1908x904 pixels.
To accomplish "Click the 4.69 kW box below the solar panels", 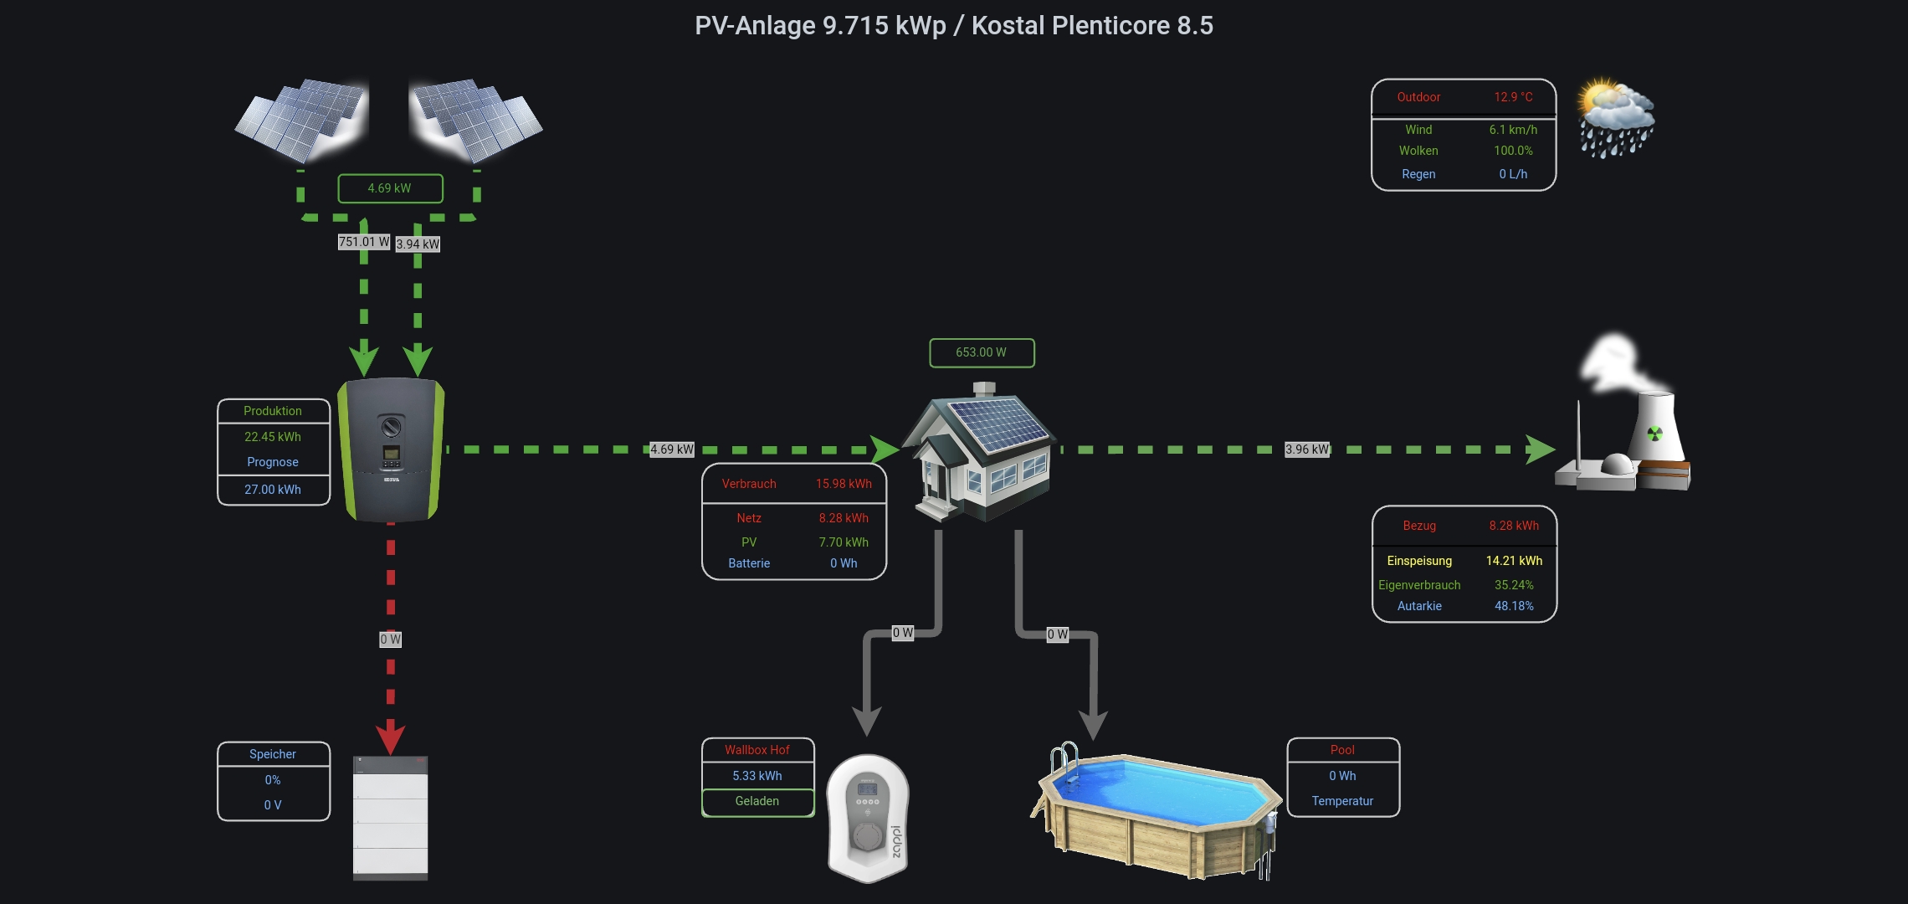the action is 390,188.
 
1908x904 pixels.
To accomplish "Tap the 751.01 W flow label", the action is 364,242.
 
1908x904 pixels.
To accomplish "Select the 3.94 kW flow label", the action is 418,244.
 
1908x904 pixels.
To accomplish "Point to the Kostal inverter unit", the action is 391,449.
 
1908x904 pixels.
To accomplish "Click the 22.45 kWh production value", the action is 273,437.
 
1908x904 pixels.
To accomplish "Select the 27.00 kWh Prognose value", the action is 273,490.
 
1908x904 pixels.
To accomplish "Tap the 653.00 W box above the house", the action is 982,352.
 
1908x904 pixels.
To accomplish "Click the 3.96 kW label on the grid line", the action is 1307,449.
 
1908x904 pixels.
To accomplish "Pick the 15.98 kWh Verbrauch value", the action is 844,484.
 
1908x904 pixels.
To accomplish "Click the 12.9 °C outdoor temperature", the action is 1513,97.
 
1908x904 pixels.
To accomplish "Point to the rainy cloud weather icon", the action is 1616,118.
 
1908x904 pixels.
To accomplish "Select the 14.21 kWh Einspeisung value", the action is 1514,561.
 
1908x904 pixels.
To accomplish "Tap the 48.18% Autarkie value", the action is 1514,606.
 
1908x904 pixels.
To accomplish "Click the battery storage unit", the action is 391,818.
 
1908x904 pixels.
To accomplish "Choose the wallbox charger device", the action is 868,818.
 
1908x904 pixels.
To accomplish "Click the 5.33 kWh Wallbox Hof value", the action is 757,776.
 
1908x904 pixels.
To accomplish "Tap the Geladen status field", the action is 757,802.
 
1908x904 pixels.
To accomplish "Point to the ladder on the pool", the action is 1064,762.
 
